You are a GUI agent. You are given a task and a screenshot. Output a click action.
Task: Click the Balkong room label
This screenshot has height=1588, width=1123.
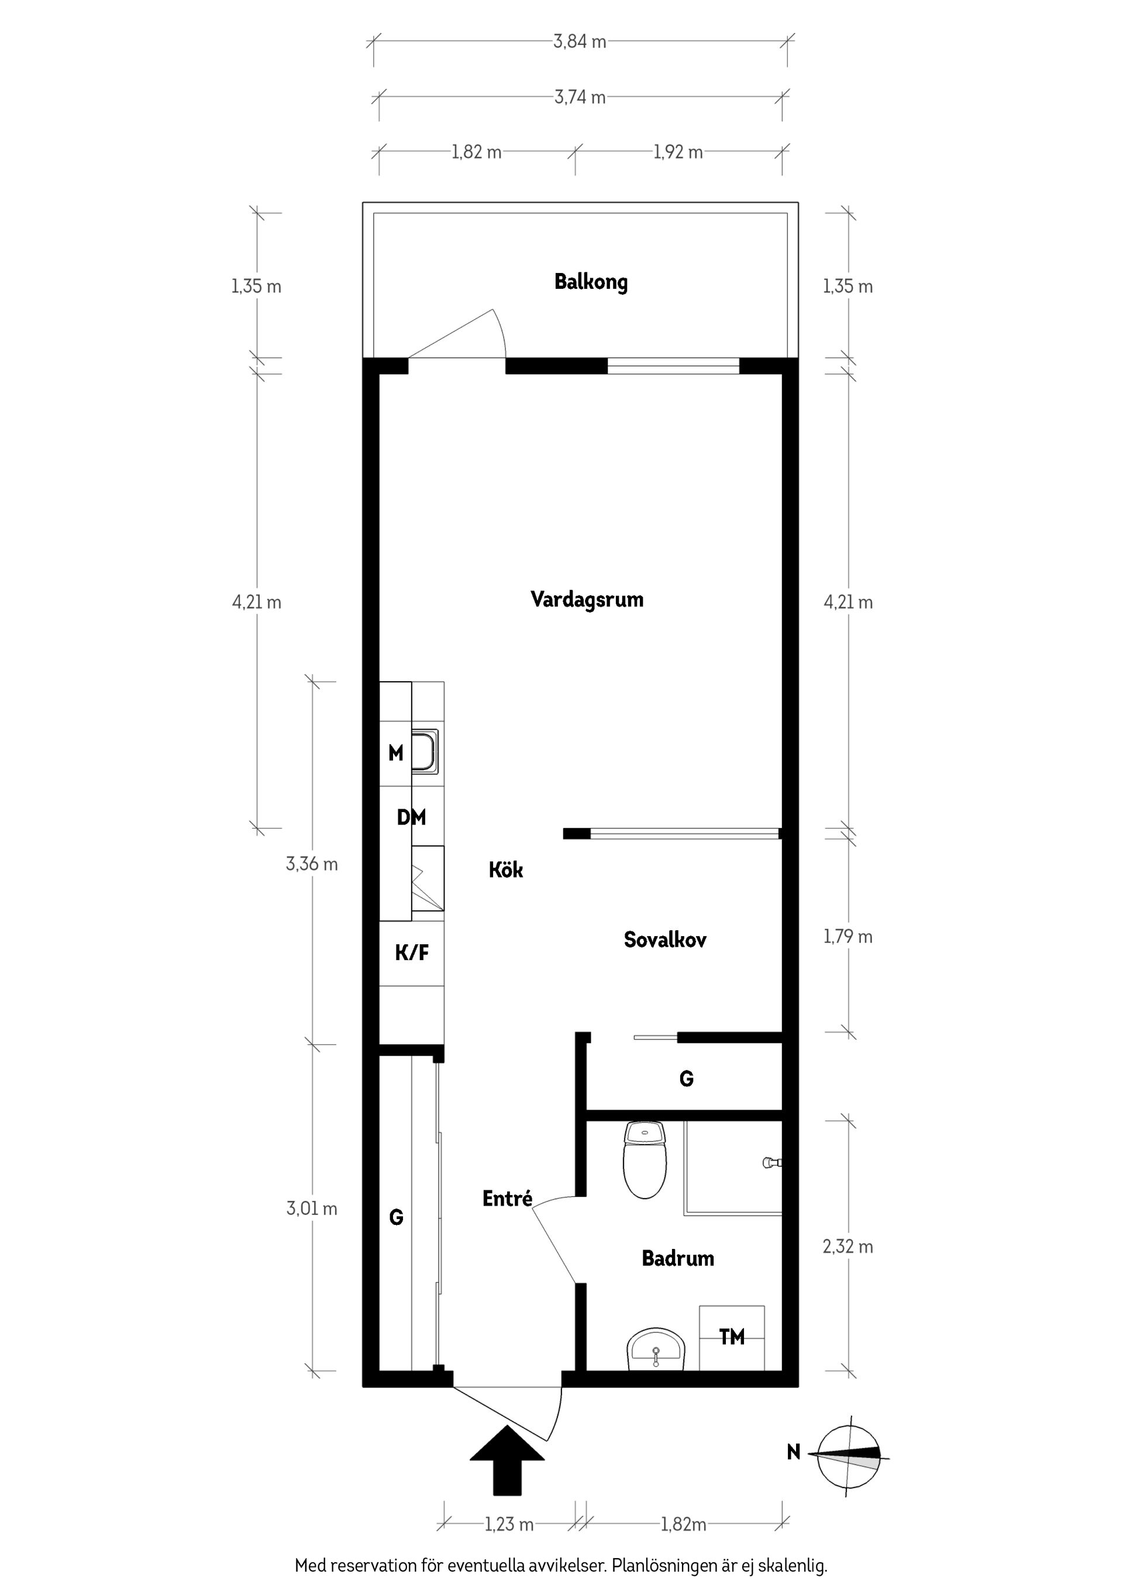tap(591, 282)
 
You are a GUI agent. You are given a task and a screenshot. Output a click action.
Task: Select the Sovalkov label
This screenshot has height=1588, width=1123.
tap(665, 939)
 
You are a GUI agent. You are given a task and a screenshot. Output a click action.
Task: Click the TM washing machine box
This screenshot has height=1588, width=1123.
tap(731, 1337)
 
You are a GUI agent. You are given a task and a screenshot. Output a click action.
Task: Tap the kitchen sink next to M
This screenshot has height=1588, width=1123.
tap(425, 751)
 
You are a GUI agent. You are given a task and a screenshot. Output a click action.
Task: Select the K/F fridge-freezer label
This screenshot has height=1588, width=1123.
tap(412, 953)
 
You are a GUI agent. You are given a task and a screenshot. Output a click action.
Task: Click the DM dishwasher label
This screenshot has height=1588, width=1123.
tap(411, 817)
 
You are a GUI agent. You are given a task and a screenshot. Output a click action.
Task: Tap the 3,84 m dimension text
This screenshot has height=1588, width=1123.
tap(579, 42)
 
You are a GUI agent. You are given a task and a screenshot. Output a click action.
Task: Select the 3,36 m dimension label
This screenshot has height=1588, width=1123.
tap(311, 864)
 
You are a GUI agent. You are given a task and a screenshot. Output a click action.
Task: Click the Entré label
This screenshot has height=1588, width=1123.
tap(507, 1199)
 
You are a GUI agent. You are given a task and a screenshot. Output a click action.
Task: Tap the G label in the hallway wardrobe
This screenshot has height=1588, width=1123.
tap(396, 1217)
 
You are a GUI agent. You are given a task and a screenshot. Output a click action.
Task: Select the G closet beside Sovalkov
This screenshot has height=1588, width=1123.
tap(685, 1078)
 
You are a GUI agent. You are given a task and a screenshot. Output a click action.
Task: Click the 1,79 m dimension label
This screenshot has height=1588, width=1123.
tap(848, 937)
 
